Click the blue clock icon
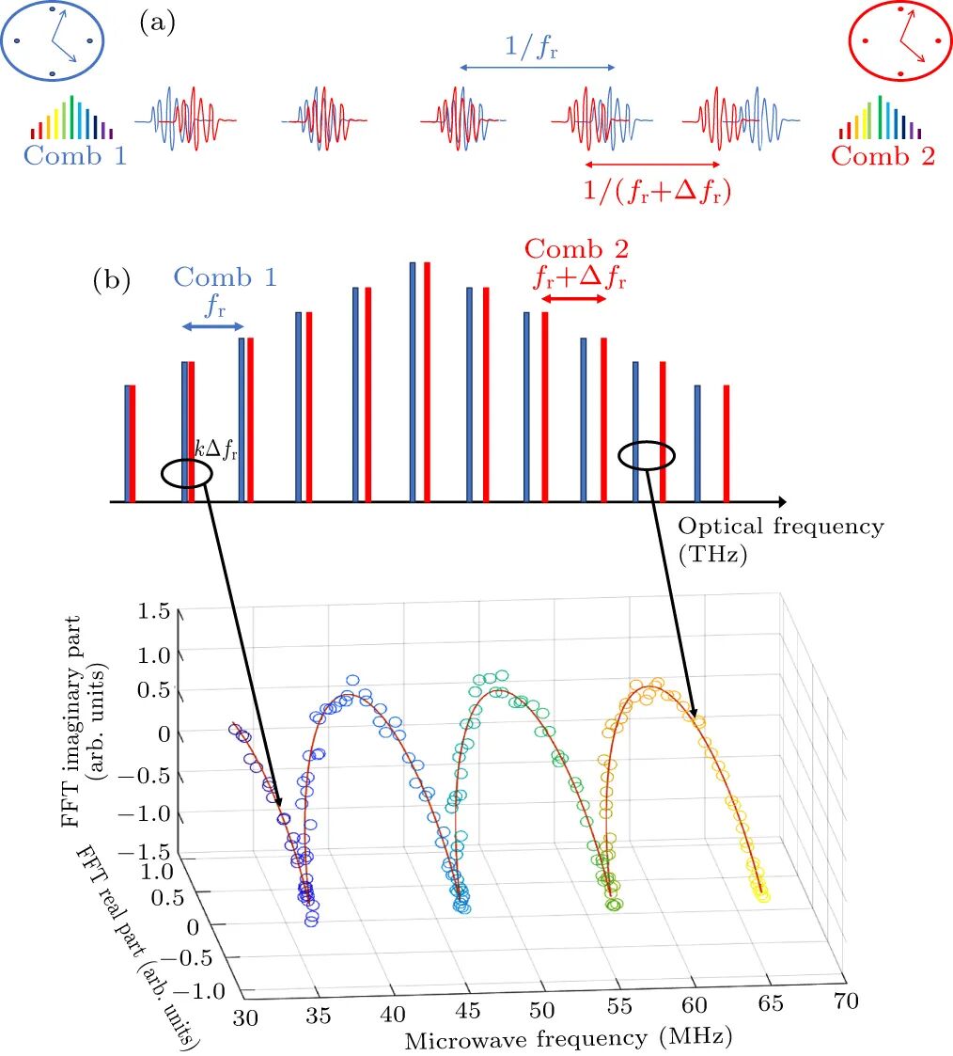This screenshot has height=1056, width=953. (52, 40)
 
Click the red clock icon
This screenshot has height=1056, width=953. (900, 40)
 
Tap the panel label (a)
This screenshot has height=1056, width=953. (157, 24)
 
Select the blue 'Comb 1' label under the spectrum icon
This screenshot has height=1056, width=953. (74, 155)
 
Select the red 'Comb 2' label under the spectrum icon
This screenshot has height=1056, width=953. (883, 155)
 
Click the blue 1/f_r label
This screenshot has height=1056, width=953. (531, 47)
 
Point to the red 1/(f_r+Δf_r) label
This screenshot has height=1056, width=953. (657, 191)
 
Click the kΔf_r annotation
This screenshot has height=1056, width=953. (216, 449)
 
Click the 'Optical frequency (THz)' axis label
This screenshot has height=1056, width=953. (781, 540)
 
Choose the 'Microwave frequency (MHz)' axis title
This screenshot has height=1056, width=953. (569, 1038)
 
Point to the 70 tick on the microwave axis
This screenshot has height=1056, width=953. (846, 1001)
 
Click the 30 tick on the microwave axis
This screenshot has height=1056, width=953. (245, 1017)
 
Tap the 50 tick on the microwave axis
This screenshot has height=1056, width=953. (541, 1010)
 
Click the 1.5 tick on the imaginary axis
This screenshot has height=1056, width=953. (154, 611)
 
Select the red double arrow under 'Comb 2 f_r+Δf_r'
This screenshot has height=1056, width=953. (573, 298)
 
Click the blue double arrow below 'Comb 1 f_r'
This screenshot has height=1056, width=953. (212, 326)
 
